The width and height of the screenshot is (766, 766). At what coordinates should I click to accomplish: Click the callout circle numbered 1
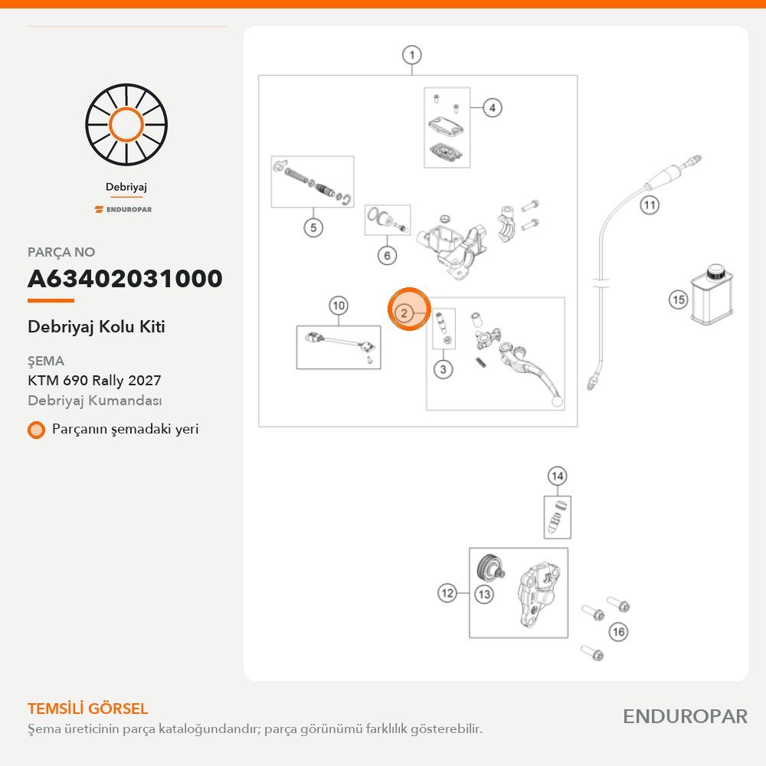click(412, 54)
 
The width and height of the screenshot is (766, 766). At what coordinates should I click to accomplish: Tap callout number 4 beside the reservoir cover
click(492, 107)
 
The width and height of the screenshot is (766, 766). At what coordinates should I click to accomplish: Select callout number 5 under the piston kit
click(313, 228)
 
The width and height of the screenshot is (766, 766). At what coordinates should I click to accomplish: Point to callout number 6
click(387, 255)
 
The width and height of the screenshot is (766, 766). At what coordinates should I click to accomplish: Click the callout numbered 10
click(338, 306)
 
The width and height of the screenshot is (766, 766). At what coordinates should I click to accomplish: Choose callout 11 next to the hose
click(650, 205)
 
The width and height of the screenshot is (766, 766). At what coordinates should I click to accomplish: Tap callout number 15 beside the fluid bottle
click(678, 300)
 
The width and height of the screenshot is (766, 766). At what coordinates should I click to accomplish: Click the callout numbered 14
click(557, 476)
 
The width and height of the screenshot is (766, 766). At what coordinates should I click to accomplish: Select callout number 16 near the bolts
click(618, 632)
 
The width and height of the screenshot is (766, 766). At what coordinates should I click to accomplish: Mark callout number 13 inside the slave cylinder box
click(483, 594)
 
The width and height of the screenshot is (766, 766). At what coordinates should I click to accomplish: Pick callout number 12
click(447, 593)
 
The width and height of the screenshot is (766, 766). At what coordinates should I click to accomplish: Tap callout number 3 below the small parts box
click(443, 369)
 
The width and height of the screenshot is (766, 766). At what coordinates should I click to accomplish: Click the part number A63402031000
click(125, 279)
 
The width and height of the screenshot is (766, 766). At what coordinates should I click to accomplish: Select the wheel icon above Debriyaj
click(126, 125)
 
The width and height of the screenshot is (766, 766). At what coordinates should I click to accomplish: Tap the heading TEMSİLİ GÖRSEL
click(87, 709)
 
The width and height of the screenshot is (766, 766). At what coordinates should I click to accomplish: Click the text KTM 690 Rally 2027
click(94, 380)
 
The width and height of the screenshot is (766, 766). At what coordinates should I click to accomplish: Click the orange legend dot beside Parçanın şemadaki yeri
click(36, 430)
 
